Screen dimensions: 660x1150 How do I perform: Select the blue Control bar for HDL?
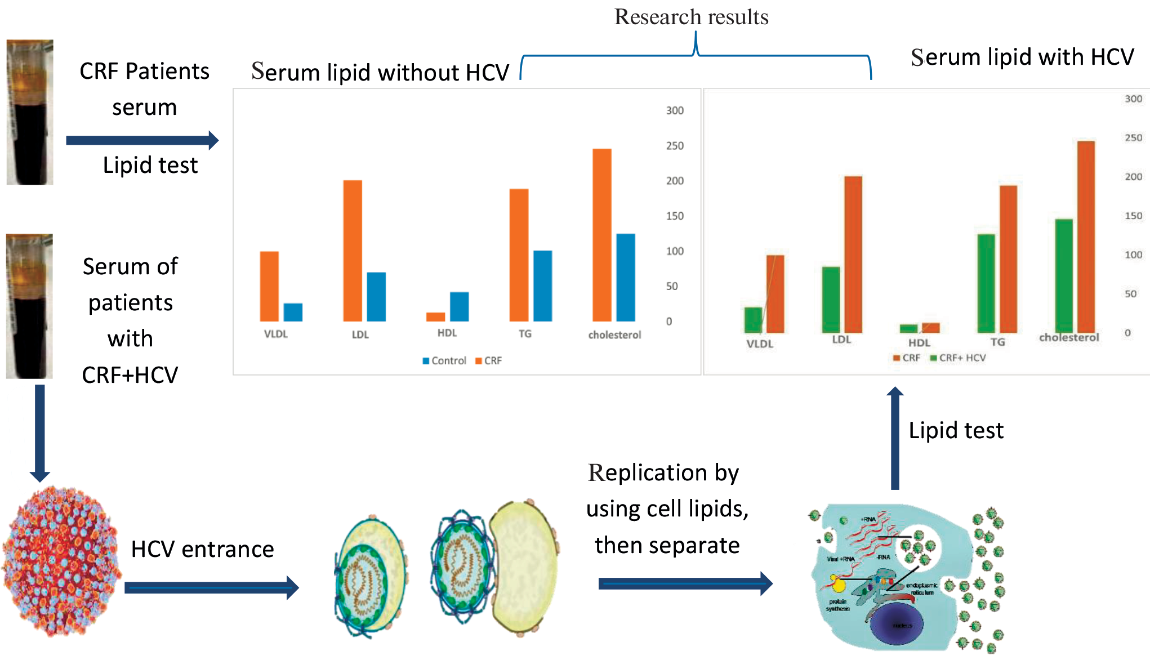click(x=459, y=306)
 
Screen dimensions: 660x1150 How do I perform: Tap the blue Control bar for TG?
click(x=542, y=286)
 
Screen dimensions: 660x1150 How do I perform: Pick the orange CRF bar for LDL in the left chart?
click(x=353, y=251)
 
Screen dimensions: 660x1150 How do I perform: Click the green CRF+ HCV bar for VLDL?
click(x=753, y=320)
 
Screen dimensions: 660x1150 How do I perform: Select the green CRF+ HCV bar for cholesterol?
click(x=1063, y=275)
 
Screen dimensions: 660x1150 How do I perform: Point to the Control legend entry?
click(x=444, y=361)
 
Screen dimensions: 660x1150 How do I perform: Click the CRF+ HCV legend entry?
click(x=958, y=358)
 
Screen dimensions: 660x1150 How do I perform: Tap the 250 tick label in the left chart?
click(x=675, y=146)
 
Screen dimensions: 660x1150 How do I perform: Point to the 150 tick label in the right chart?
click(x=1133, y=216)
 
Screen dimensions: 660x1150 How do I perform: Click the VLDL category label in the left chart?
click(x=276, y=334)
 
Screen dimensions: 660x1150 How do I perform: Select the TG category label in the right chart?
click(x=997, y=342)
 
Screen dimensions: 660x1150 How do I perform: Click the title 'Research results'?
click(x=691, y=17)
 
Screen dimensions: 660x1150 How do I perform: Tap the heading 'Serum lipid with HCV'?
click(x=1022, y=57)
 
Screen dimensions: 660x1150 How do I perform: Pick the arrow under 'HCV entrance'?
click(x=211, y=588)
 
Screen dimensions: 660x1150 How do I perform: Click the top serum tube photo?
click(x=30, y=112)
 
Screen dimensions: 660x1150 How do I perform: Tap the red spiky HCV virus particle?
click(x=61, y=561)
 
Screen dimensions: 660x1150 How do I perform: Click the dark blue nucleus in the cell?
click(x=901, y=625)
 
